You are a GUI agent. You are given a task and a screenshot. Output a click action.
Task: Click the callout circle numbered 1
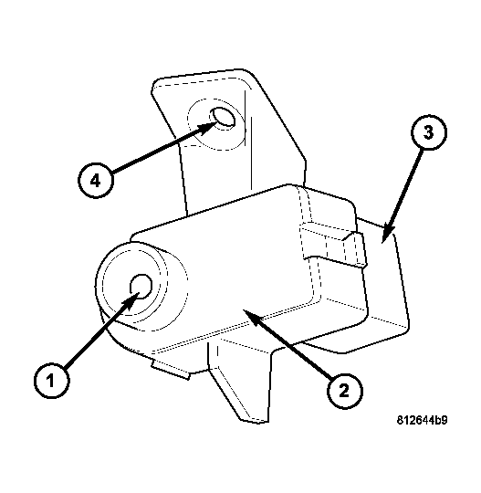pos(51,381)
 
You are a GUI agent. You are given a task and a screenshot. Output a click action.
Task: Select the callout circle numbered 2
pos(345,391)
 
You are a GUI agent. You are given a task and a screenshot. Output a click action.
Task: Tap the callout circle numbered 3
pos(429,132)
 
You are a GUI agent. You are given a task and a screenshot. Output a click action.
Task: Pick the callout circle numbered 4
pos(96,181)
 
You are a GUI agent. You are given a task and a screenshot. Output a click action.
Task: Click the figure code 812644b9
pos(422,420)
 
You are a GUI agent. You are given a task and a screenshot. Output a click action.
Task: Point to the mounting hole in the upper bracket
pos(223,117)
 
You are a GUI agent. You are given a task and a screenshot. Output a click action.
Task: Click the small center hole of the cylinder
pos(141,286)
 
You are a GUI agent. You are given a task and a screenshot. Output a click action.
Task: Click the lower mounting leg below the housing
pos(242,383)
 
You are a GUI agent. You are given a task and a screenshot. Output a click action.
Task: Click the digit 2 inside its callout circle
pos(345,391)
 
